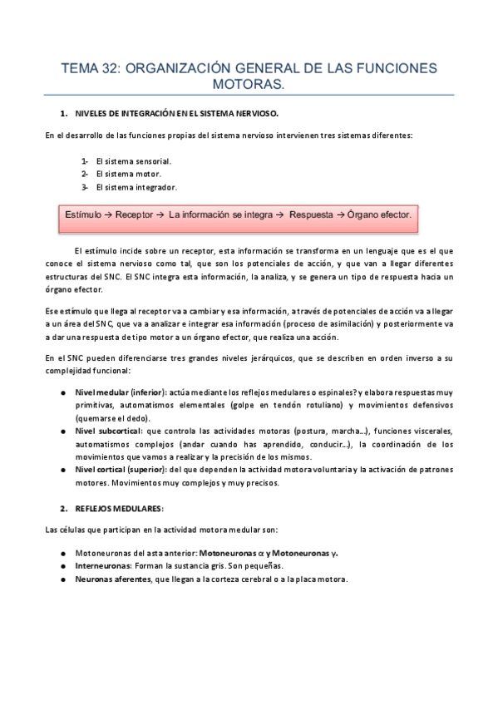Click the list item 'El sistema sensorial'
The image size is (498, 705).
point(134,160)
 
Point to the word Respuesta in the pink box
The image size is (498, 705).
point(310,214)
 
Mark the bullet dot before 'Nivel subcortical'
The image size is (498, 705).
point(64,431)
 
